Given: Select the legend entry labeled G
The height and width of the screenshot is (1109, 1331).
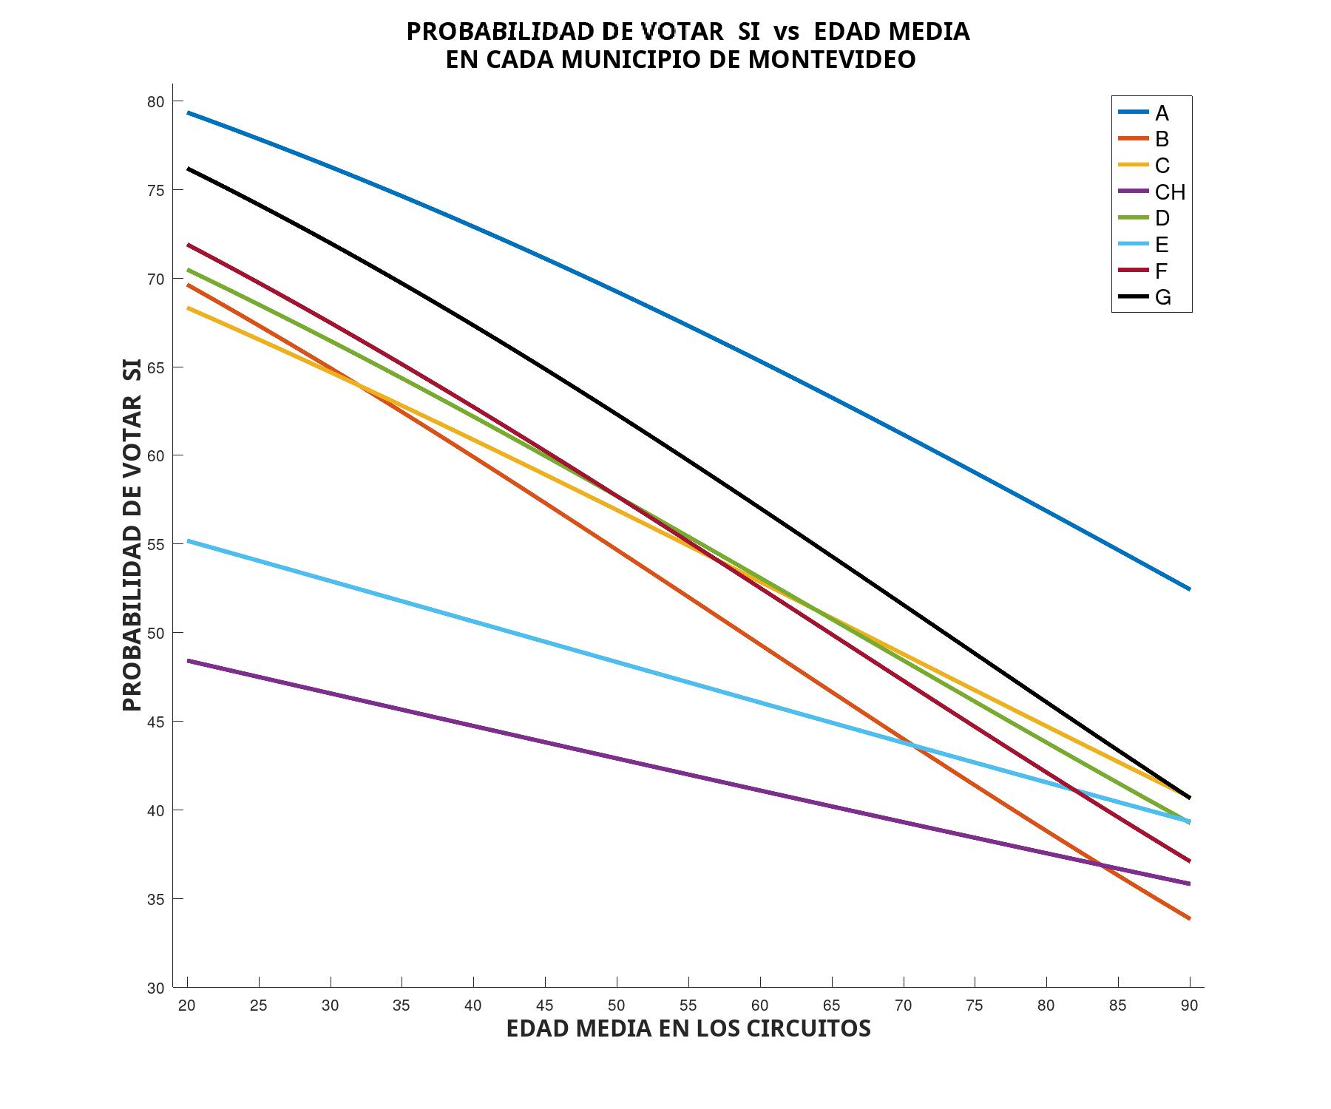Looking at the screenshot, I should pyautogui.click(x=1162, y=297).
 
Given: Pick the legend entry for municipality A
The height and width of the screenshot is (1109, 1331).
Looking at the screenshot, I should pyautogui.click(x=1162, y=113).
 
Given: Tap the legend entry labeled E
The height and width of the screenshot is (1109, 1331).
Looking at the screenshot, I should pyautogui.click(x=1162, y=245).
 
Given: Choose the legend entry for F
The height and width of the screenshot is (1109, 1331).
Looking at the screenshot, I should pyautogui.click(x=1161, y=271).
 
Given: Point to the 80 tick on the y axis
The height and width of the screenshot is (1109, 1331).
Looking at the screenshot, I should pyautogui.click(x=155, y=102).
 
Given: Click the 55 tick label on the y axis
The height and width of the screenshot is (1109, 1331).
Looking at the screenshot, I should pyautogui.click(x=155, y=545).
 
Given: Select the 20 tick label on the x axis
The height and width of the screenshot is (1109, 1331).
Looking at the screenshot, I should pyautogui.click(x=187, y=1005).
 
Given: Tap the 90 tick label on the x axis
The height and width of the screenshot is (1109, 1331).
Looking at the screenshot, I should pyautogui.click(x=1189, y=1005).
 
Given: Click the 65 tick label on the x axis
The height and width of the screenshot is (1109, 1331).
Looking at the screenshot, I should pyautogui.click(x=831, y=1005).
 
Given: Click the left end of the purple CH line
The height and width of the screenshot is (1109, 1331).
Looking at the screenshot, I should pyautogui.click(x=188, y=660).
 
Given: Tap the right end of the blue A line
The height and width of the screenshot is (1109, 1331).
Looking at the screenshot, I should pyautogui.click(x=1189, y=589).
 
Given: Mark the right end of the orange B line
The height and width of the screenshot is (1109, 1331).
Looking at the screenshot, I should pyautogui.click(x=1189, y=918).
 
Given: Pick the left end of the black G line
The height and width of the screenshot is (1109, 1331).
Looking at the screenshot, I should pyautogui.click(x=188, y=169).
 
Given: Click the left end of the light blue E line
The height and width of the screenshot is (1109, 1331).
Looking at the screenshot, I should pyautogui.click(x=188, y=541).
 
